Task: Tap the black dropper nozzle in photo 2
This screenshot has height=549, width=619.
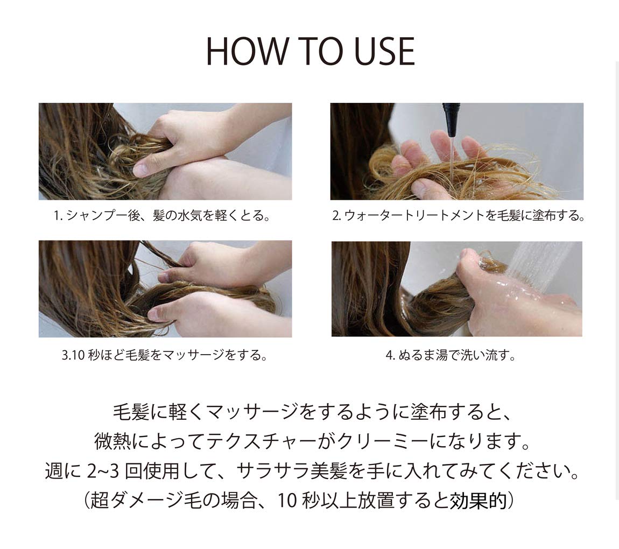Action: click(452, 118)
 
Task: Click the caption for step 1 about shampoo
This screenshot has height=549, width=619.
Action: click(162, 216)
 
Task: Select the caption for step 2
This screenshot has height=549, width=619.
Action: click(458, 216)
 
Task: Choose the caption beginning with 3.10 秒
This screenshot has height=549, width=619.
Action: click(165, 356)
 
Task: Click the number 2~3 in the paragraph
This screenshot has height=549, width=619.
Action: click(104, 471)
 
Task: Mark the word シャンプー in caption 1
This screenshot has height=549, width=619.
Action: click(92, 216)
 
